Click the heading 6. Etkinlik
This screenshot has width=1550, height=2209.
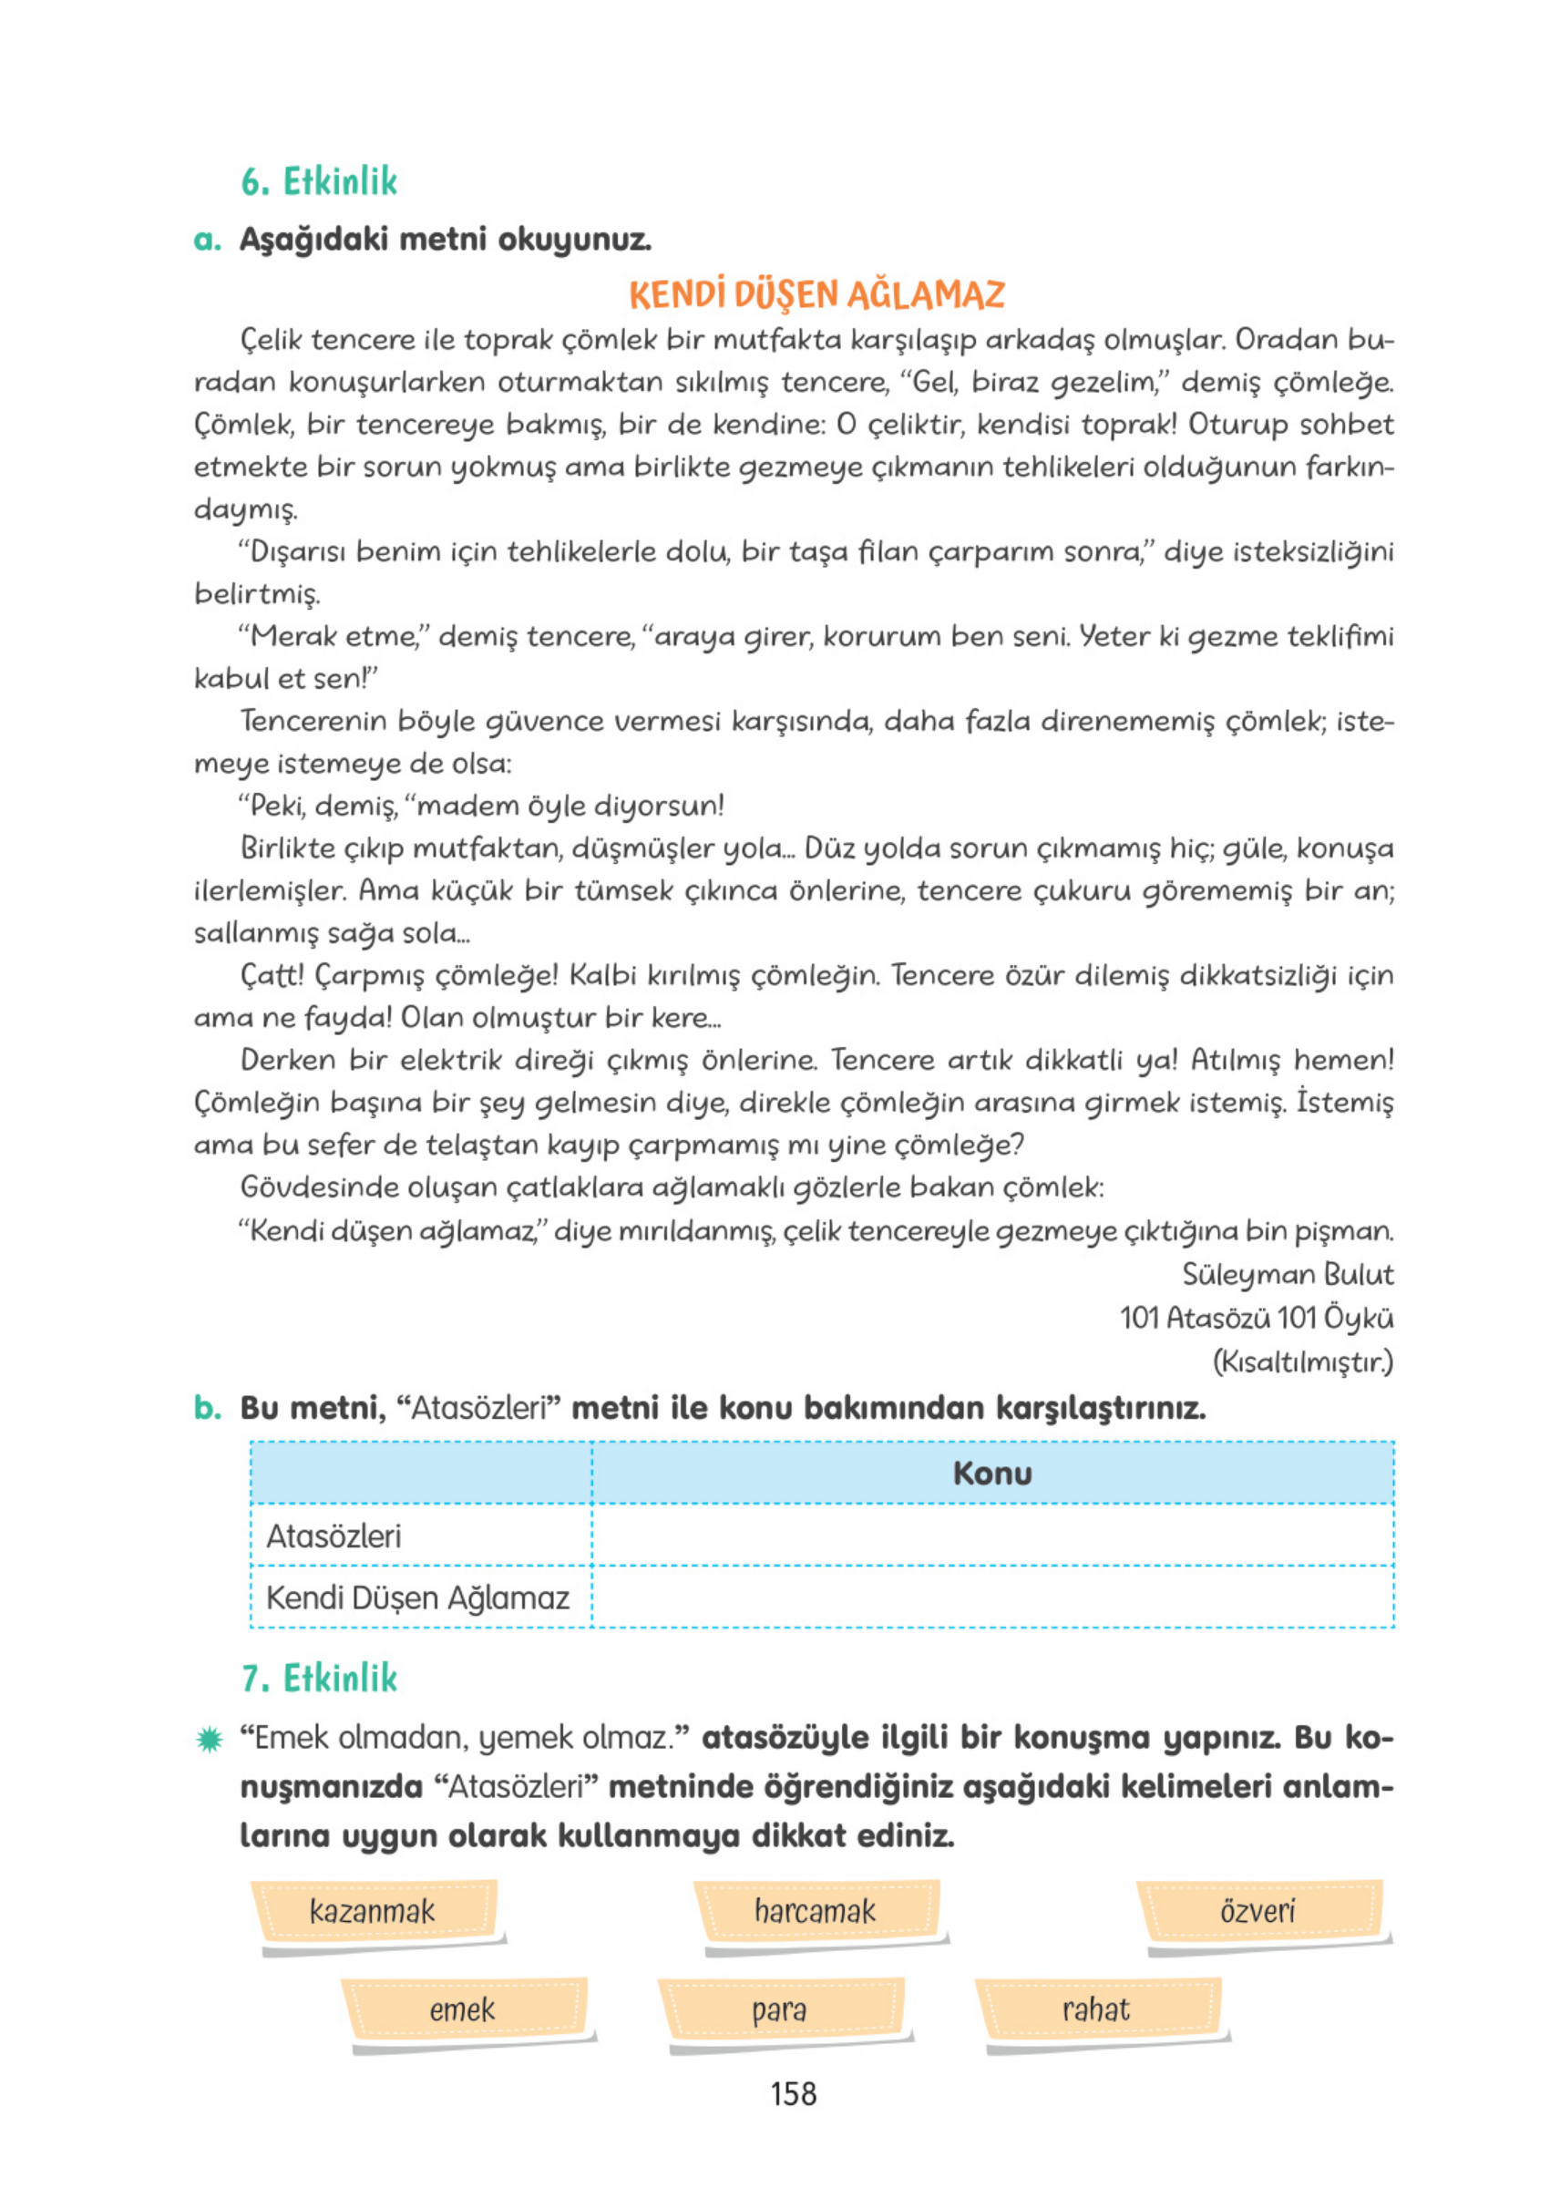click(x=318, y=180)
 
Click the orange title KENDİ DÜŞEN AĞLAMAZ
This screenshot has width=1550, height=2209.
click(x=816, y=294)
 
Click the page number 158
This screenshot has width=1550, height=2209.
click(x=793, y=2122)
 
